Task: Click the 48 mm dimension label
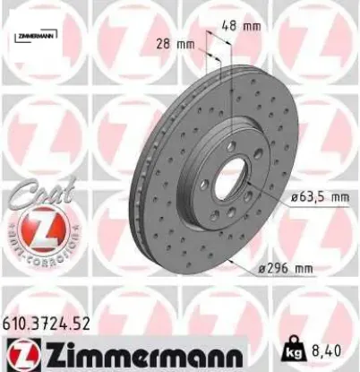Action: [236, 27]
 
